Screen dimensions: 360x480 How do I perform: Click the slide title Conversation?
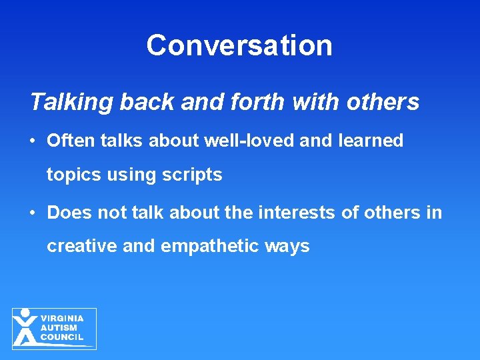coord(239,45)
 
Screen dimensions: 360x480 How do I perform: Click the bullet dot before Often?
coord(31,141)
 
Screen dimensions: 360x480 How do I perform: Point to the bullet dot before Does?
coord(31,213)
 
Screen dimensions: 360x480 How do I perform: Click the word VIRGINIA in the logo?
coord(62,319)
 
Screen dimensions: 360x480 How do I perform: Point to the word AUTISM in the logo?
coord(59,328)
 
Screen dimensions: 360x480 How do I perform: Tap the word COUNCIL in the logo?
coord(62,337)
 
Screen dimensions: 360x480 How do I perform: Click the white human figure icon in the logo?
coord(25,327)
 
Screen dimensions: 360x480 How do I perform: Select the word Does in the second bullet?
coord(70,213)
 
